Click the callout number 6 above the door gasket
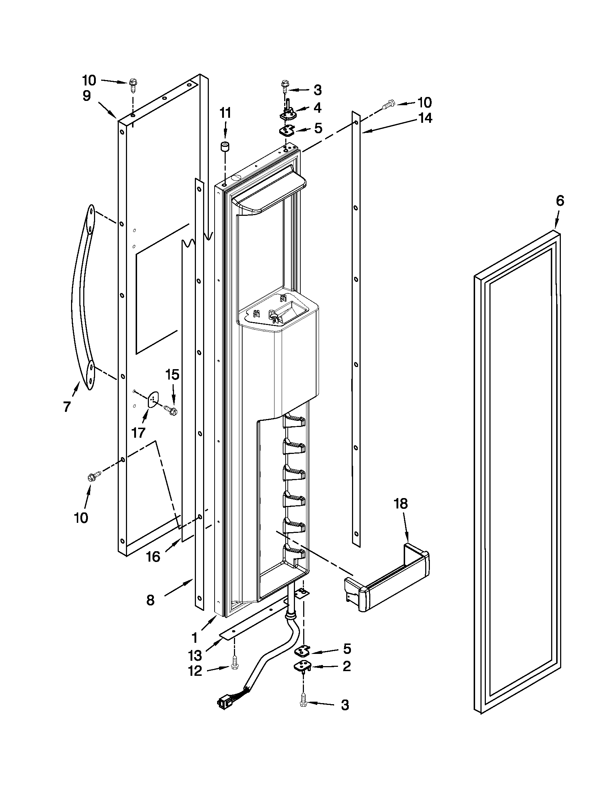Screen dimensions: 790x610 [x=559, y=200]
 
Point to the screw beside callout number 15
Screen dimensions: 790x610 [x=170, y=409]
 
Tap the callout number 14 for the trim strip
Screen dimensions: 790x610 [x=425, y=118]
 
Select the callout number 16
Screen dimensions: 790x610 [x=153, y=557]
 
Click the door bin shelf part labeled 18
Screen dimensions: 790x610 [x=387, y=582]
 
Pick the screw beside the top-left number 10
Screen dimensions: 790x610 [x=132, y=85]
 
